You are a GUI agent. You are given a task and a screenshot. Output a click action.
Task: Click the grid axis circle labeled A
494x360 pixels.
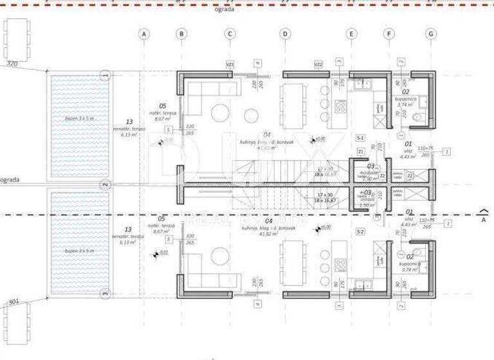pyautogui.click(x=144, y=33)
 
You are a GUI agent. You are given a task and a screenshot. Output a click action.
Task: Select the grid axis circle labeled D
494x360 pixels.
pyautogui.click(x=285, y=33)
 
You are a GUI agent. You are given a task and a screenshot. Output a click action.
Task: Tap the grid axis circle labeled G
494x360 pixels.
pyautogui.click(x=430, y=33)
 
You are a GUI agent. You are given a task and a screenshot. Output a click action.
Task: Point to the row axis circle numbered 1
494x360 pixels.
pyautogui.click(x=105, y=76)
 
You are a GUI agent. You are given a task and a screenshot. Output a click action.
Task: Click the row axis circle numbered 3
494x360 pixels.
pyautogui.click(x=105, y=294)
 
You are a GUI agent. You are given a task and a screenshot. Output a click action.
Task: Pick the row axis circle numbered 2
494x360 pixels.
pyautogui.click(x=105, y=185)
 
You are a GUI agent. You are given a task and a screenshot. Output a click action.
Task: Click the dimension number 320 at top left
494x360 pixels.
pyautogui.click(x=12, y=64)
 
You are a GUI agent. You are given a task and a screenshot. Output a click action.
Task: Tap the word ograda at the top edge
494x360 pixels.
pyautogui.click(x=226, y=10)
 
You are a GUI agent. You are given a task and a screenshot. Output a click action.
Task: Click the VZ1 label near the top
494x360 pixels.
pyautogui.click(x=230, y=64)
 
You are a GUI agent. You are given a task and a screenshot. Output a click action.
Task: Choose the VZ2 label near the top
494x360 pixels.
pyautogui.click(x=318, y=64)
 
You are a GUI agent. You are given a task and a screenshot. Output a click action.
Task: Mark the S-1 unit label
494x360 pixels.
pyautogui.click(x=360, y=138)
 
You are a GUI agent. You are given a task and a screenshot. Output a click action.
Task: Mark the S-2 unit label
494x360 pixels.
pyautogui.click(x=360, y=231)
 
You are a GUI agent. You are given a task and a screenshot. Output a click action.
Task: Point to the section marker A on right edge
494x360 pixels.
pyautogui.click(x=484, y=215)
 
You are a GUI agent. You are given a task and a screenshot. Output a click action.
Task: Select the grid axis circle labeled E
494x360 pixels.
pyautogui.click(x=351, y=33)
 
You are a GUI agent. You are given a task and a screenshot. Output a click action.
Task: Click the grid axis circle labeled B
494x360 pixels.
pyautogui.click(x=181, y=33)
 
